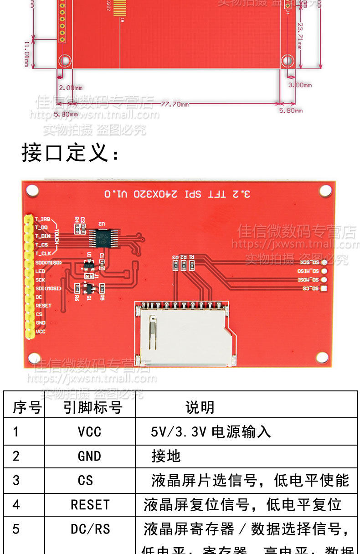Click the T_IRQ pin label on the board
point(42,219)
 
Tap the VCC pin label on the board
point(41,331)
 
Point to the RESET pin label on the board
point(43,305)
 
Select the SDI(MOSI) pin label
point(48,288)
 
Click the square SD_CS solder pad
point(324,288)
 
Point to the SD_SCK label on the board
point(309,262)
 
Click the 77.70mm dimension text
point(175,104)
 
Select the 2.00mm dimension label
point(71,87)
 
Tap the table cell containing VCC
point(89,432)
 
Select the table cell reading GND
point(89,456)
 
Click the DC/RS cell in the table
point(90,529)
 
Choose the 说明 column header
point(200,407)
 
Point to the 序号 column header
point(26,407)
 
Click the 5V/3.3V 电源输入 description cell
point(211,432)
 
